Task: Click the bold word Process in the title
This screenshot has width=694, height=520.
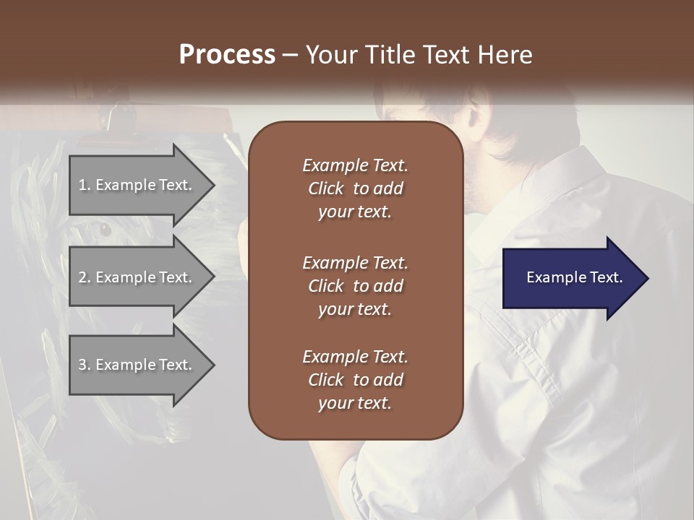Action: point(227,55)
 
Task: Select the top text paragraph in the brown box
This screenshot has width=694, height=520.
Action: point(355,188)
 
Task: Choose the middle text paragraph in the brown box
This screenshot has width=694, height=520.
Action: point(355,285)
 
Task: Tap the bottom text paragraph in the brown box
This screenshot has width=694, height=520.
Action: point(355,379)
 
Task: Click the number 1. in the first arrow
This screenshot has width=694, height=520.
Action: point(85,185)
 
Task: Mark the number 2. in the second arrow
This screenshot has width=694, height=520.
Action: point(85,277)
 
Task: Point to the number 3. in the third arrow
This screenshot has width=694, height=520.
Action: point(85,365)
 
